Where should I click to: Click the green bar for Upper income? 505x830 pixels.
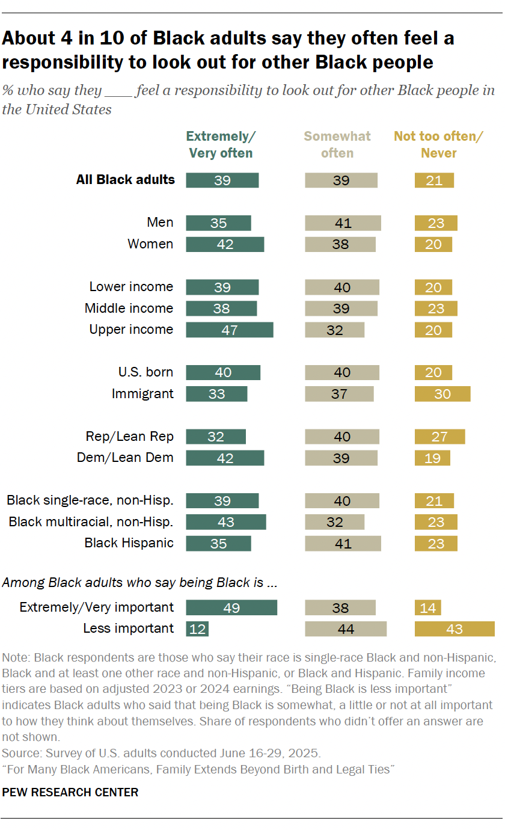(230, 330)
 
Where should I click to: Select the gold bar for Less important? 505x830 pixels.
(454, 629)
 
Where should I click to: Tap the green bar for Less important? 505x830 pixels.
(197, 629)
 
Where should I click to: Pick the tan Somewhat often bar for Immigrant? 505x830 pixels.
(339, 394)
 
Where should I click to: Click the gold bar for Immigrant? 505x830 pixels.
(442, 394)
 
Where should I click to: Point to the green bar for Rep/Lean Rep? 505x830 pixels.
(216, 437)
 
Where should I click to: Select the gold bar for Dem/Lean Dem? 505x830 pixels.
(432, 458)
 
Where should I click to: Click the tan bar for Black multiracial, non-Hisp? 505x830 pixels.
(335, 522)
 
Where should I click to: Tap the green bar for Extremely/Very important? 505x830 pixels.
(231, 607)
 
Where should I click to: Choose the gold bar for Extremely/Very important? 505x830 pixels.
(427, 607)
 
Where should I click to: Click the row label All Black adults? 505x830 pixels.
(125, 179)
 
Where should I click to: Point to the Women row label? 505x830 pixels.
(150, 244)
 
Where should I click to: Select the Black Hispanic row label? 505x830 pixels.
(129, 543)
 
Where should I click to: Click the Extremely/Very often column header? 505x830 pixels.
(221, 144)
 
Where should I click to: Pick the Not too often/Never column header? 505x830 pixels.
(438, 144)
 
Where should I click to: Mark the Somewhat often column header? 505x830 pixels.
(337, 144)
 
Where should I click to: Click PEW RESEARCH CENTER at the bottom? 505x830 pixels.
(70, 792)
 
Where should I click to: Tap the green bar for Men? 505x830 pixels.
(218, 223)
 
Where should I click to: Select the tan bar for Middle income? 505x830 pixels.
(341, 309)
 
